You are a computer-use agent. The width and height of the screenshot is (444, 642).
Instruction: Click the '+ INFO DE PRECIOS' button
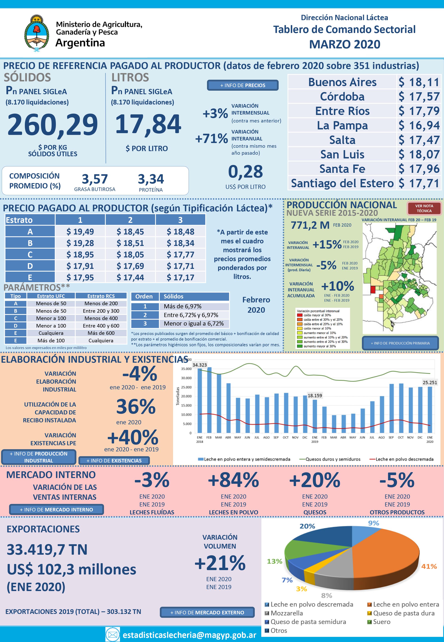[x=243, y=85]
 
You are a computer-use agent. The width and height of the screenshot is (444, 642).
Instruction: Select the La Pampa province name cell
[x=342, y=125]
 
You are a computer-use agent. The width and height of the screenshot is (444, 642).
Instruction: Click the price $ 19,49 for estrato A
[x=80, y=231]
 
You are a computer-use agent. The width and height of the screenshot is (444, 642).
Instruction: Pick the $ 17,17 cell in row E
[x=180, y=277]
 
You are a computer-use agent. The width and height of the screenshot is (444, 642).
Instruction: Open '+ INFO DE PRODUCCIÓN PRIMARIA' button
[x=400, y=343]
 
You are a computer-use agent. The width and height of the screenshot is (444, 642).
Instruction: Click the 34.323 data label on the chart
[x=200, y=365]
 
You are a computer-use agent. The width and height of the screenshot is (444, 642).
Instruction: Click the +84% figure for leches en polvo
[x=233, y=480]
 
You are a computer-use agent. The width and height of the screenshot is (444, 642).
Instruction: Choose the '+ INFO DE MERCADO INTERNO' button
[x=56, y=509]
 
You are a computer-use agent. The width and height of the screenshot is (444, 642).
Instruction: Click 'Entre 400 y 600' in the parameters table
[x=101, y=326]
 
